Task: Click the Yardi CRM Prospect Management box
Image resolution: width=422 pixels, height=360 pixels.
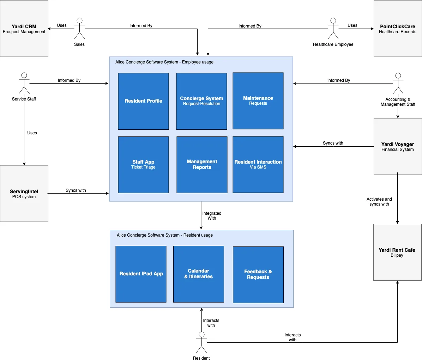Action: pyautogui.click(x=24, y=29)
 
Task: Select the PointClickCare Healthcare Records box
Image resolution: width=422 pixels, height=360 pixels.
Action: pyautogui.click(x=398, y=29)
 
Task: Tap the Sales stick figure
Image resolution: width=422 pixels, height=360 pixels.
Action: pyautogui.click(x=79, y=29)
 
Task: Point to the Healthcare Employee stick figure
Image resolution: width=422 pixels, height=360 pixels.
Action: pyautogui.click(x=333, y=29)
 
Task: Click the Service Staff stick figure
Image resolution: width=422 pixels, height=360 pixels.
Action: pyautogui.click(x=24, y=84)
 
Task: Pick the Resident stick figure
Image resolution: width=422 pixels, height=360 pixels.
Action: pyautogui.click(x=201, y=342)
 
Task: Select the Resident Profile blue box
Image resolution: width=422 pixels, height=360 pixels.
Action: pyautogui.click(x=143, y=101)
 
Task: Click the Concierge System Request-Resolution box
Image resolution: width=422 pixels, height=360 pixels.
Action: pyautogui.click(x=201, y=101)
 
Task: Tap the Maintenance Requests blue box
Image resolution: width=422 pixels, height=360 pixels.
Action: pyautogui.click(x=258, y=101)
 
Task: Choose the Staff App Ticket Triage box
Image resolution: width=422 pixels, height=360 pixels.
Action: pyautogui.click(x=143, y=165)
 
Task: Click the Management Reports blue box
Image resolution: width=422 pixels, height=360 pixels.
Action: pyautogui.click(x=202, y=165)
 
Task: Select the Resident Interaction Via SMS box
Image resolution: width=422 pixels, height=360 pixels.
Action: pyautogui.click(x=258, y=164)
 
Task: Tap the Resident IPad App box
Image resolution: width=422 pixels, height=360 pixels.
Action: pyautogui.click(x=141, y=274)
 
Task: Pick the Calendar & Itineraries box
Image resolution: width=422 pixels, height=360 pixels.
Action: pyautogui.click(x=199, y=274)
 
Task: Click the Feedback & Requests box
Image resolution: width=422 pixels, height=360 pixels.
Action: pyautogui.click(x=258, y=275)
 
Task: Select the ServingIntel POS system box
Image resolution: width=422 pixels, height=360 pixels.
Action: pyautogui.click(x=24, y=194)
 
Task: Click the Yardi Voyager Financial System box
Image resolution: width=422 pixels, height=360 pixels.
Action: pyautogui.click(x=398, y=146)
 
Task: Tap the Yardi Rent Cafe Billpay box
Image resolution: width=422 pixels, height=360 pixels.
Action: pyautogui.click(x=397, y=252)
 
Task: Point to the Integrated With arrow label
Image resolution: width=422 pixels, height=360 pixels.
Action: pyautogui.click(x=212, y=216)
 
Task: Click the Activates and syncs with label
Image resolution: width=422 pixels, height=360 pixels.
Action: pyautogui.click(x=379, y=202)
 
